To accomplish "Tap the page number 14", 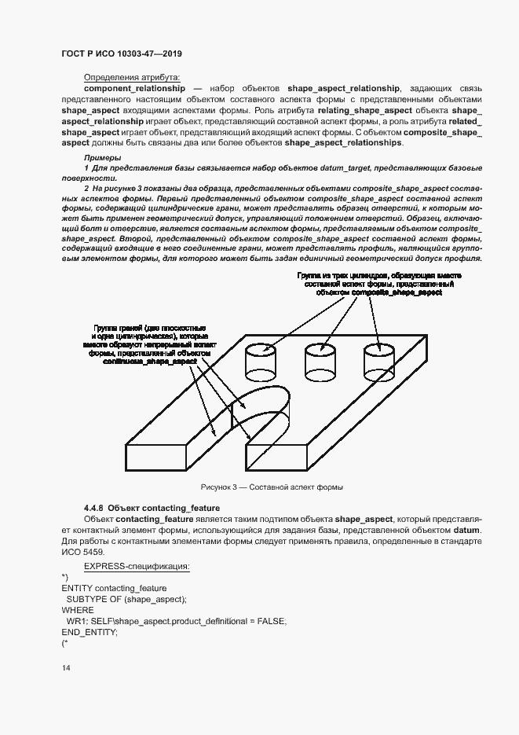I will (x=66, y=668).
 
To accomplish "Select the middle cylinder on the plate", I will (x=320, y=362).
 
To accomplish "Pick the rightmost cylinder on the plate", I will (x=378, y=362).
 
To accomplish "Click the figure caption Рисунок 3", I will (x=272, y=488).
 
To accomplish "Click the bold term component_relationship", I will (x=133, y=89).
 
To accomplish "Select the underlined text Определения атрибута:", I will (x=132, y=77).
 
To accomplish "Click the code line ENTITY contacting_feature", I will (x=113, y=588).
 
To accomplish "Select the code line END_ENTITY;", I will (x=89, y=632).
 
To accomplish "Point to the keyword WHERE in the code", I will (x=77, y=610).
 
